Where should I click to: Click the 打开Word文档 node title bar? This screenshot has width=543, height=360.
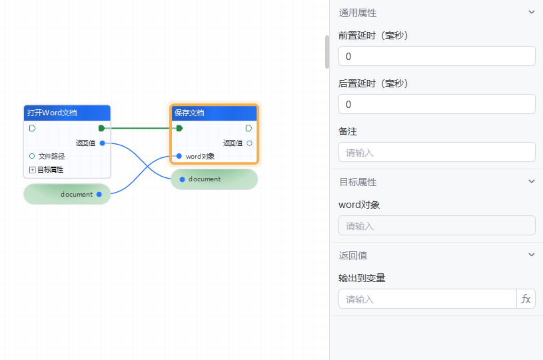67,113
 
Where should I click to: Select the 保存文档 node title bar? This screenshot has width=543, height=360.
214,113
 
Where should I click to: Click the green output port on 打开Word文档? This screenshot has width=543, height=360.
101,128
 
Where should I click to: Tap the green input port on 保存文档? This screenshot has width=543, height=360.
179,128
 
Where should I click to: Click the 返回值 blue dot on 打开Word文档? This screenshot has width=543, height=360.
101,143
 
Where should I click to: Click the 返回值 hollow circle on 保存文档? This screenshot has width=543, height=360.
249,143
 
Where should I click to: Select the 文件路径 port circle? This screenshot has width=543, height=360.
32,156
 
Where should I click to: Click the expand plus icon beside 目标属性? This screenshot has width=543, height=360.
32,170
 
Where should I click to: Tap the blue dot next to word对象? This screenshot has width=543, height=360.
179,156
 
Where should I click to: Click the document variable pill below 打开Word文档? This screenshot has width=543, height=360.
67,194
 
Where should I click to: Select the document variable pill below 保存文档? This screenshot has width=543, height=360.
214,179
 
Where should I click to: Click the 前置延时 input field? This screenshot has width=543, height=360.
436,57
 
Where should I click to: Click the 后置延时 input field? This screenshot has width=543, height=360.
436,105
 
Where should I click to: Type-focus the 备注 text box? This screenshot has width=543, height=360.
436,153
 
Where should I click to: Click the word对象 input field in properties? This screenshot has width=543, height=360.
436,226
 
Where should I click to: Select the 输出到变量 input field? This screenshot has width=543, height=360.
427,299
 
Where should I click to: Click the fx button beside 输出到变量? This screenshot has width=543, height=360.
526,299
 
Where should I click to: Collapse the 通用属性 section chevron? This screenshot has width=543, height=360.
531,12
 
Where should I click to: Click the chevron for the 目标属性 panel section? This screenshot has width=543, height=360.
531,181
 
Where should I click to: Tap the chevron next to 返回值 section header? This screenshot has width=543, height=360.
531,255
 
